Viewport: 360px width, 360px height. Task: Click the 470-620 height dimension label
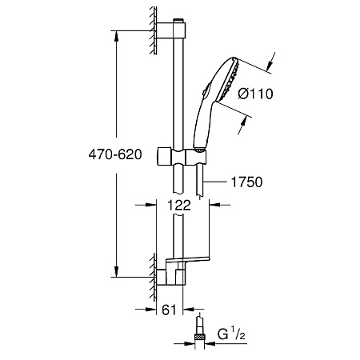[x=115, y=154]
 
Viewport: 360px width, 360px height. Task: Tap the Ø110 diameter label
[x=256, y=94]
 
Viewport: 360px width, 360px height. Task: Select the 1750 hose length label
[x=246, y=182]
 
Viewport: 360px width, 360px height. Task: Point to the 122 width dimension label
[x=179, y=205]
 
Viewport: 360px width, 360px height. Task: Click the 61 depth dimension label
[x=170, y=310]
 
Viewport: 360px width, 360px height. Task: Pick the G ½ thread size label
[x=231, y=334]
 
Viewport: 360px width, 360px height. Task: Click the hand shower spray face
[x=228, y=79]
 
